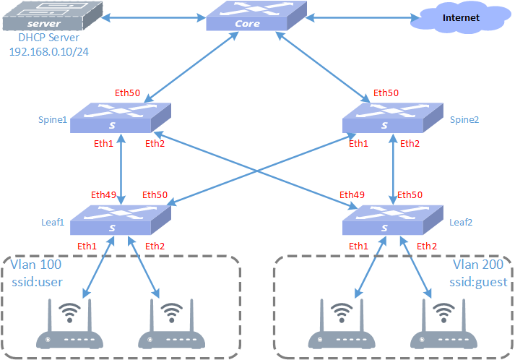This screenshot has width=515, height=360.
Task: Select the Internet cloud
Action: (459, 19)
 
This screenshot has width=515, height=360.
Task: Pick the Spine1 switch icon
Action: (120, 116)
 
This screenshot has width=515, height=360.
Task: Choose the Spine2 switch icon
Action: (390, 116)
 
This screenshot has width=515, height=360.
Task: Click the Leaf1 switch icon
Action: (120, 219)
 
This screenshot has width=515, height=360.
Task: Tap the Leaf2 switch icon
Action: (390, 219)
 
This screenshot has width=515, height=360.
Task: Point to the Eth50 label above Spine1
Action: (127, 93)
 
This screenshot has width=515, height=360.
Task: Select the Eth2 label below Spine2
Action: (410, 144)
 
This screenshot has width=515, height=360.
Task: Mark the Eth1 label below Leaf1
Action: (88, 247)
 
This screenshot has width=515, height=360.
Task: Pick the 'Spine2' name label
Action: (464, 119)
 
